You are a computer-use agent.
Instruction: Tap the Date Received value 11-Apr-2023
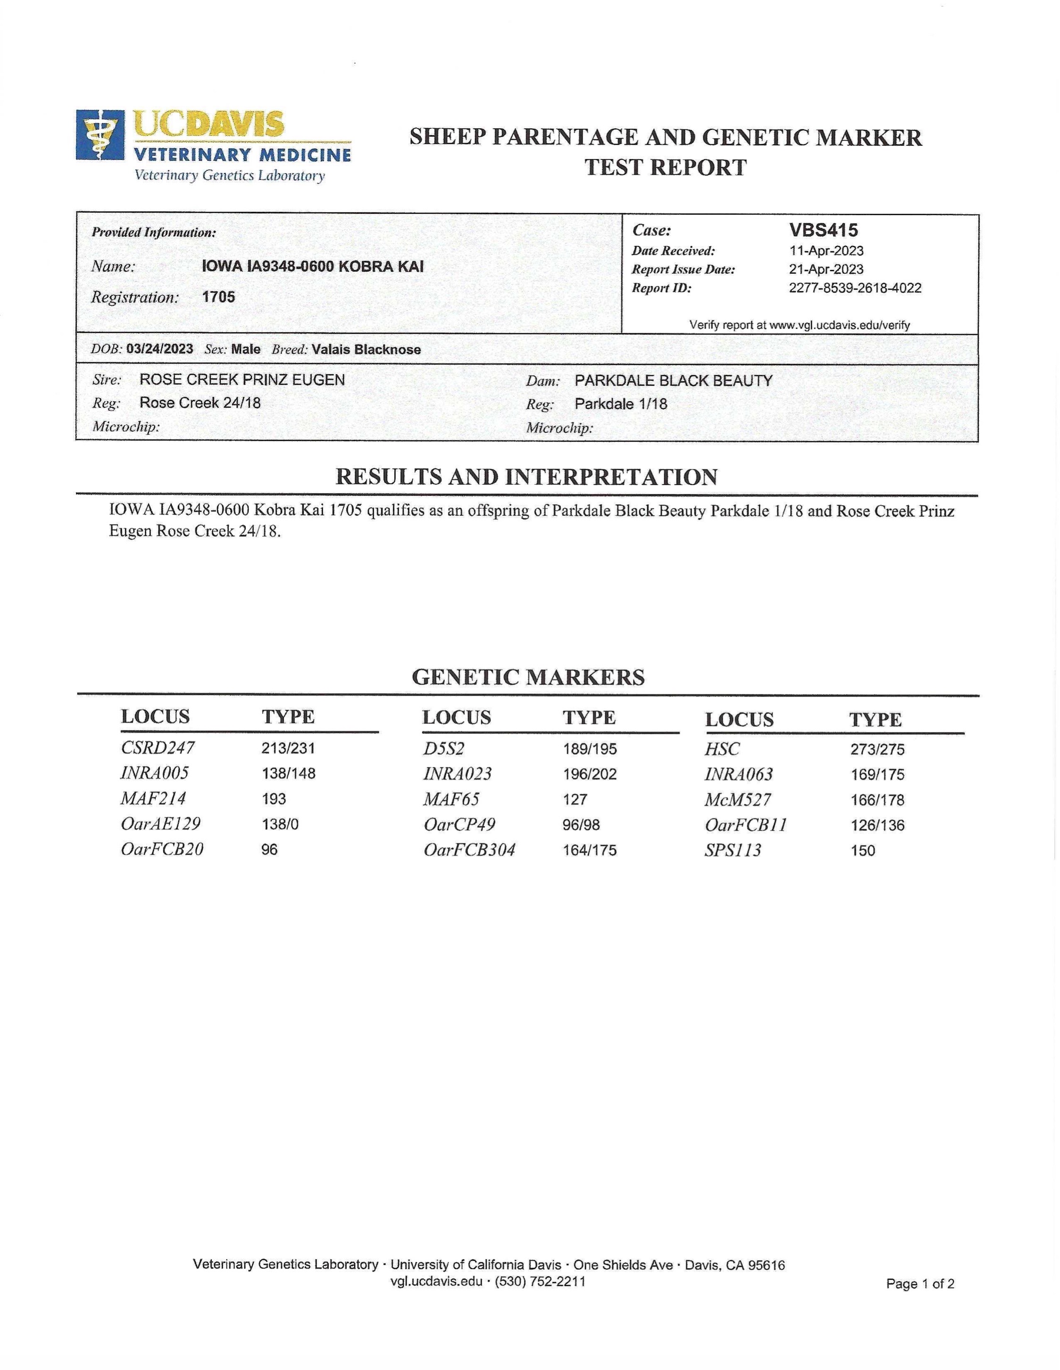[x=826, y=251]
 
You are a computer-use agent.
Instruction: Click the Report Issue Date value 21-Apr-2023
[x=826, y=270]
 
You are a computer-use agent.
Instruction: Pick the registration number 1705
[x=218, y=297]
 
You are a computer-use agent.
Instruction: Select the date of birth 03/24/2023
[x=159, y=349]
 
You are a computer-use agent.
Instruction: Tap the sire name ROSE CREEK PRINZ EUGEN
[x=242, y=379]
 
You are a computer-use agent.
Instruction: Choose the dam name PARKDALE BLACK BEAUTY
[x=673, y=381]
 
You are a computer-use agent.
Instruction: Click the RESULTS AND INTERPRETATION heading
[x=526, y=478]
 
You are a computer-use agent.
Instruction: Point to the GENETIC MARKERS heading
[x=528, y=678]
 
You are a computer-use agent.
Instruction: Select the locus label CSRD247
[x=158, y=748]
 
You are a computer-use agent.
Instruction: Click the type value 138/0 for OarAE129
[x=280, y=824]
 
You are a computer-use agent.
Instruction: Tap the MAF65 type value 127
[x=575, y=799]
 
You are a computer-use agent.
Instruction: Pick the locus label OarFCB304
[x=469, y=850]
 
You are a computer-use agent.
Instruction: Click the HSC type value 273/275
[x=877, y=749]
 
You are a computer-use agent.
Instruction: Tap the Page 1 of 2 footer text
[x=919, y=1284]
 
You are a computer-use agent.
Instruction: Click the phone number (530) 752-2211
[x=540, y=1282]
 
